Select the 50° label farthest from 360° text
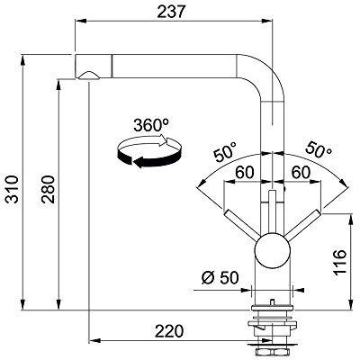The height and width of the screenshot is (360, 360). [x=318, y=148]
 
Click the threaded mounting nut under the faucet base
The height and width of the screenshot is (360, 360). [x=271, y=329]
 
